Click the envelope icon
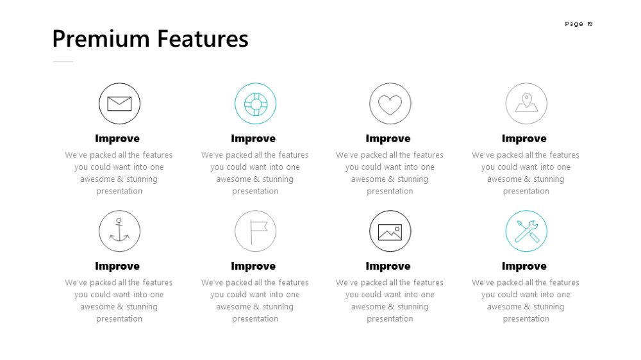pos(119,104)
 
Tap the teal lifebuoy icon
pos(256,104)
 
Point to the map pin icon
pos(526,102)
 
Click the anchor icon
pos(119,230)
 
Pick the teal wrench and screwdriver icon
pos(526,231)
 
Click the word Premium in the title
pos(101,40)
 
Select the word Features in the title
pos(203,39)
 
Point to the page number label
pos(578,24)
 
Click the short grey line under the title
pos(63,61)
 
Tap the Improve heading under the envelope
pos(117,139)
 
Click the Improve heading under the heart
pos(388,139)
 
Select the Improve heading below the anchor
pos(117,266)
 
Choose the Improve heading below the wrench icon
pos(524,266)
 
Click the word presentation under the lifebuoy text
pos(255,192)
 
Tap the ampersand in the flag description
pos(256,306)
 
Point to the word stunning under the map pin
pos(548,179)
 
